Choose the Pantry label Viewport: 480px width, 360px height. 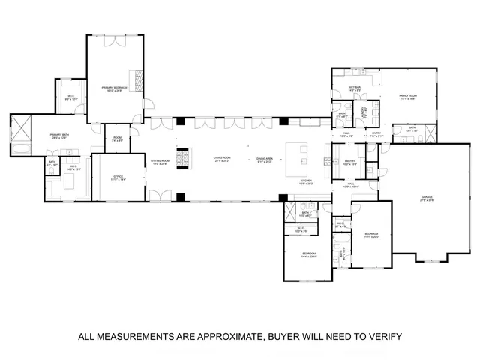349,162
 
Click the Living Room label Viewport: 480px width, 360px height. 221,159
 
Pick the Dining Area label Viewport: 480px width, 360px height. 264,159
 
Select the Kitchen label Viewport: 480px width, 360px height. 306,182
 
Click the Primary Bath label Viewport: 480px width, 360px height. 60,136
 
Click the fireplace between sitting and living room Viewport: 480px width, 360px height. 180,159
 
